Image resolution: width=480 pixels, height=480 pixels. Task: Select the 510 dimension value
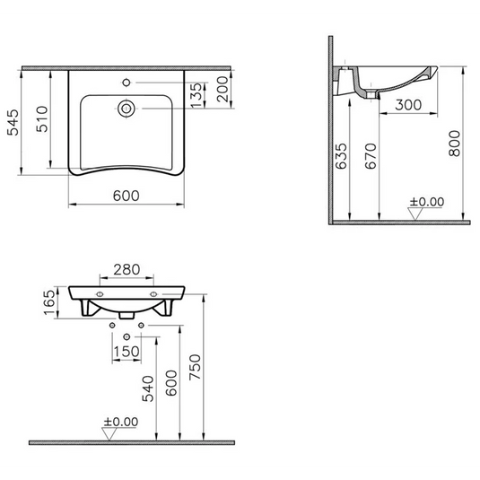[41, 118]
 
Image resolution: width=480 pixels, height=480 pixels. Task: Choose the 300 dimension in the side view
[407, 105]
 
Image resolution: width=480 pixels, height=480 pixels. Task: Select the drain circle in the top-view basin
[127, 110]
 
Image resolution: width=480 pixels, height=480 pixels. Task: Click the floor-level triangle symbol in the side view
[415, 214]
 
